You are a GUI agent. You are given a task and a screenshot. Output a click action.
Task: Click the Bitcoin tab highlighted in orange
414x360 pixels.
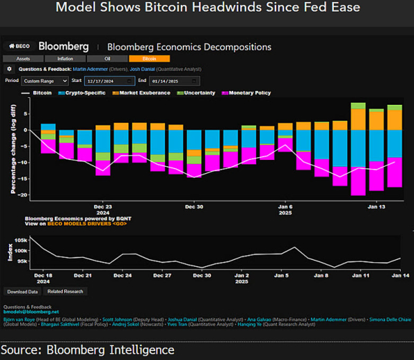[148, 59]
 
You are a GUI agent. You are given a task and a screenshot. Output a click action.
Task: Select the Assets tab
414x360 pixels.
[23, 59]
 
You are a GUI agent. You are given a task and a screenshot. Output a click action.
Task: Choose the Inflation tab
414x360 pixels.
[65, 59]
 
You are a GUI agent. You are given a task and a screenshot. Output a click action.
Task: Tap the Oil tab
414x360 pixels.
[107, 59]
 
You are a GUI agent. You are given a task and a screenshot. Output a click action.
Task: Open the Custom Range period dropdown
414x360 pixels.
[45, 81]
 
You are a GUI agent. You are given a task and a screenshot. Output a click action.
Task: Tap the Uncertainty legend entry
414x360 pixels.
[201, 92]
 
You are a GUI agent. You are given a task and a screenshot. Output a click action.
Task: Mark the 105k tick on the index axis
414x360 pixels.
[21, 239]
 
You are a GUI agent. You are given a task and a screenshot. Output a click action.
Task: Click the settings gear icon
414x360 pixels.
[9, 69]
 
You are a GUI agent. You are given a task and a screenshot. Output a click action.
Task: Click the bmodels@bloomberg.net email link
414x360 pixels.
[30, 312]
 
